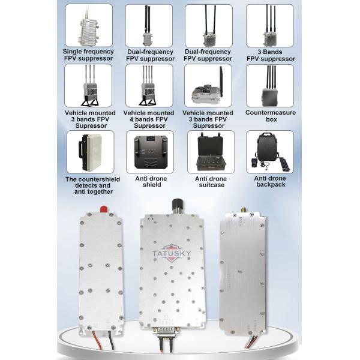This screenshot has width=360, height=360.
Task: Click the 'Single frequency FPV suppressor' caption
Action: pos(88,55)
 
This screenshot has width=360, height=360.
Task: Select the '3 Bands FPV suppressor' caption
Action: pos(269,55)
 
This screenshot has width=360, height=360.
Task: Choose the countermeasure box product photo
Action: pos(269,86)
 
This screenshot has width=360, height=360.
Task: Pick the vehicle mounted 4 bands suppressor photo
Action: pos(149,86)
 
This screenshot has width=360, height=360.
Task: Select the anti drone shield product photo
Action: pos(149,152)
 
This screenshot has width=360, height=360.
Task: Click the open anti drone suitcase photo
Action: pos(209,152)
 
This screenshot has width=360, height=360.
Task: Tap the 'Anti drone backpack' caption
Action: pos(269,182)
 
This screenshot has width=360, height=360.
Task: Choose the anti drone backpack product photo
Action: pos(269,152)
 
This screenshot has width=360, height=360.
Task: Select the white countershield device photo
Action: pos(88,152)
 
